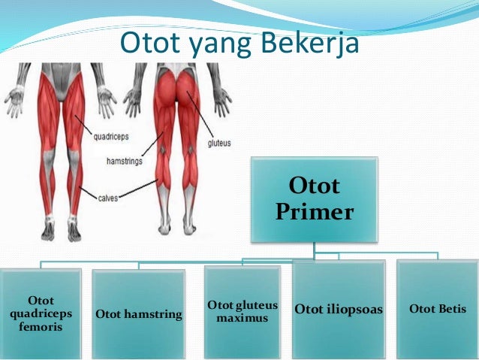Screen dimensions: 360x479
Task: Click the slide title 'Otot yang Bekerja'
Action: point(239,44)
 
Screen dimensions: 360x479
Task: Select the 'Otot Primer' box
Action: point(313,199)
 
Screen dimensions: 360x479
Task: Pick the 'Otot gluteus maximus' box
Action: point(243,312)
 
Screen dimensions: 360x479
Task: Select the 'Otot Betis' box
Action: point(438,309)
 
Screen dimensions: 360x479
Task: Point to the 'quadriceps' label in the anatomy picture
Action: point(113,137)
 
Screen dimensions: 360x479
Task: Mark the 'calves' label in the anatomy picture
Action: point(109,198)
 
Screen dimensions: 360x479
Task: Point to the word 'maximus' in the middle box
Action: point(243,319)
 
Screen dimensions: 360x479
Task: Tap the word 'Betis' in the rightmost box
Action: point(449,309)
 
